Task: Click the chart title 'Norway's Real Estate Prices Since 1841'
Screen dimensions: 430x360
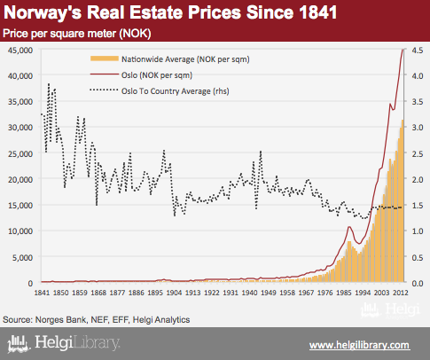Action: coord(170,12)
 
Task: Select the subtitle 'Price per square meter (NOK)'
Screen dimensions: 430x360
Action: coord(77,34)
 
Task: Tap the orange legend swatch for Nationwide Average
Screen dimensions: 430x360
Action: coord(105,59)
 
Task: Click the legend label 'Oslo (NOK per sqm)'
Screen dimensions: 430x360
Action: coord(157,75)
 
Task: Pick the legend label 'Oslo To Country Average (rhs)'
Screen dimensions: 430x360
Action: coord(176,91)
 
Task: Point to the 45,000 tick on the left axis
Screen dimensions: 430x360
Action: coord(20,50)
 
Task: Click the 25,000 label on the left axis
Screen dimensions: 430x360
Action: coord(20,153)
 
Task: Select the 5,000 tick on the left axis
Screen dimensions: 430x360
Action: coord(22,257)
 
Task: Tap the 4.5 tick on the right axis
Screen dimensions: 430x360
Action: coord(417,50)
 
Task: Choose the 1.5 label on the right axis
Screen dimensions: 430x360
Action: coord(417,206)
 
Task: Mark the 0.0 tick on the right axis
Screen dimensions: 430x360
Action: coord(417,283)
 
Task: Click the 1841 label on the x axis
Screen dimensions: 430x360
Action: coord(42,293)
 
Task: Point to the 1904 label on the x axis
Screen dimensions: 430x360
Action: coord(174,293)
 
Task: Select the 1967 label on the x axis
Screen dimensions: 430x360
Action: coord(306,293)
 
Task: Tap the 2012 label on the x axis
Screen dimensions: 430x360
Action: coord(400,293)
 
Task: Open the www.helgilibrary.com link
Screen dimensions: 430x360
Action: coord(360,345)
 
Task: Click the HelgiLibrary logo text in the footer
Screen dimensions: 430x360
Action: coord(77,343)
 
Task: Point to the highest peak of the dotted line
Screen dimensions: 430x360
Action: coord(49,83)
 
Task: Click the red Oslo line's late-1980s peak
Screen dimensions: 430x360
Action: coord(349,227)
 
